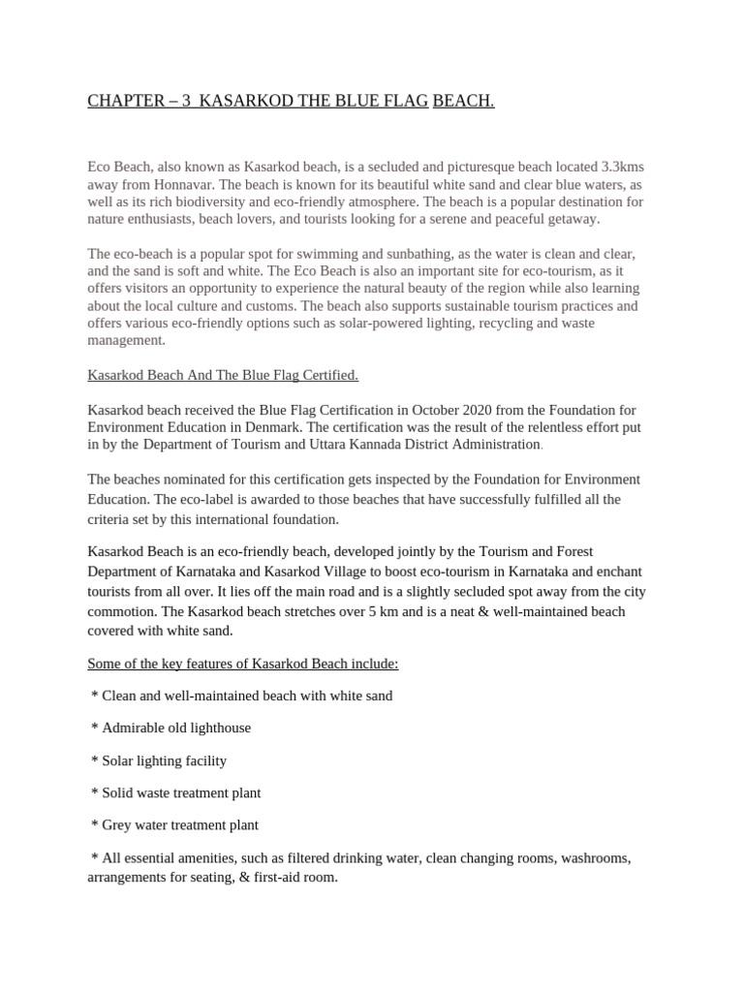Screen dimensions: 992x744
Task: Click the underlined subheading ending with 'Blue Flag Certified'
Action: (223, 375)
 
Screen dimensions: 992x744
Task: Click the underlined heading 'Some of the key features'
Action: (243, 664)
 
